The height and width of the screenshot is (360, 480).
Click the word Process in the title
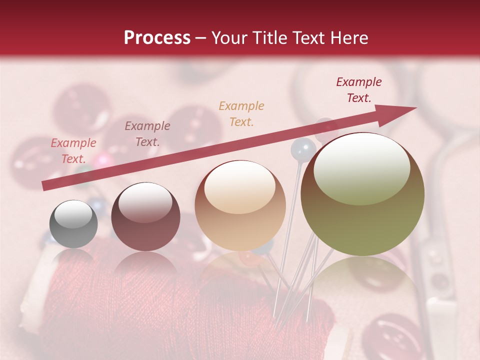tap(157, 38)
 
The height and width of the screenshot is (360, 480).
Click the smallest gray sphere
tap(73, 224)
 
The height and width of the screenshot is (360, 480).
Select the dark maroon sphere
tap(145, 217)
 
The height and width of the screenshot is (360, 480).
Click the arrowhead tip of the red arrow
tap(415, 108)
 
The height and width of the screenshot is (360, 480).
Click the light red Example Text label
tap(73, 151)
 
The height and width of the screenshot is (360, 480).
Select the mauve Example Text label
tap(147, 134)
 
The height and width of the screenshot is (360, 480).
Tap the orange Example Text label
tap(241, 113)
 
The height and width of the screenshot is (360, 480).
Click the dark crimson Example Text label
tap(359, 90)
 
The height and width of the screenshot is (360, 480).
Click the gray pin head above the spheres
tap(303, 148)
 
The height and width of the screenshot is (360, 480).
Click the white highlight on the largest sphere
tap(361, 167)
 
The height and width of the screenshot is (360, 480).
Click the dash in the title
tap(201, 38)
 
